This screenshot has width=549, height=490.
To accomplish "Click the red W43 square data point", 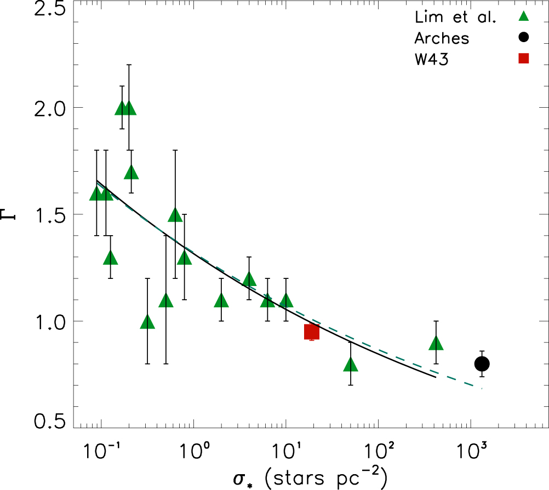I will (x=312, y=331).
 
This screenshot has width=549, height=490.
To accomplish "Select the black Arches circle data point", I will (x=482, y=364).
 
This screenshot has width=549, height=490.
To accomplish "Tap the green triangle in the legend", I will (x=523, y=19).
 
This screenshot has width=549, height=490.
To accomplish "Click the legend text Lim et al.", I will (x=454, y=19).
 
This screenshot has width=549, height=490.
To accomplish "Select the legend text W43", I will (x=432, y=59).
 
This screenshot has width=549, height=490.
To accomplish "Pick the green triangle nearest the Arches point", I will (x=436, y=343).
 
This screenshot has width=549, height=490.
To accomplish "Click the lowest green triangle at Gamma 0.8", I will (x=351, y=365).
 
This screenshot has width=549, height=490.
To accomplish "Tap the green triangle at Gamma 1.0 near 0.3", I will (x=147, y=322).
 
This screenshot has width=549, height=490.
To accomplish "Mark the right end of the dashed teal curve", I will (x=482, y=389).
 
